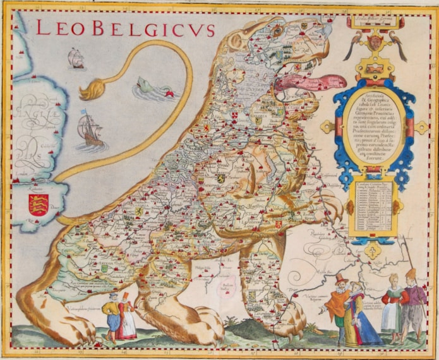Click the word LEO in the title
click(59, 28)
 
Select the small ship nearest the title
click(76, 58)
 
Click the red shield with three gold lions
click(38, 205)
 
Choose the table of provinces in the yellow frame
click(373, 208)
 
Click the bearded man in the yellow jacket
click(111, 313)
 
